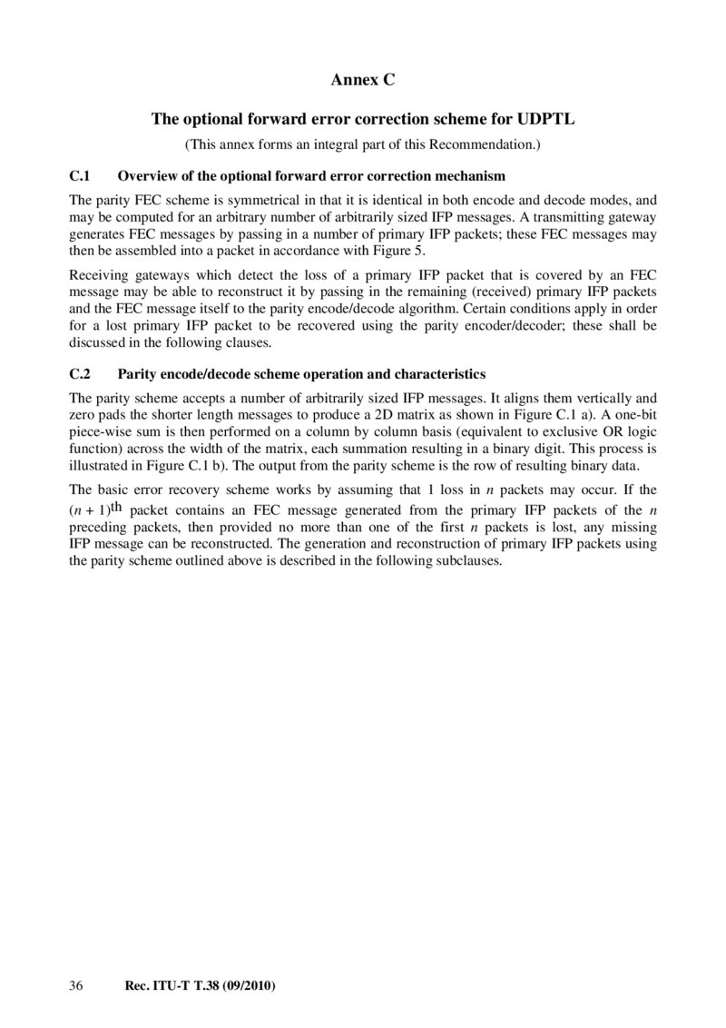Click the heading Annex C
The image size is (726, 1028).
(x=363, y=81)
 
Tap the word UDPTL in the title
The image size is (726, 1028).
(x=545, y=119)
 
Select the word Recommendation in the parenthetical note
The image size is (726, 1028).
(x=490, y=145)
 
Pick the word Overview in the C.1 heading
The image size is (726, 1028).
(x=147, y=175)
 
